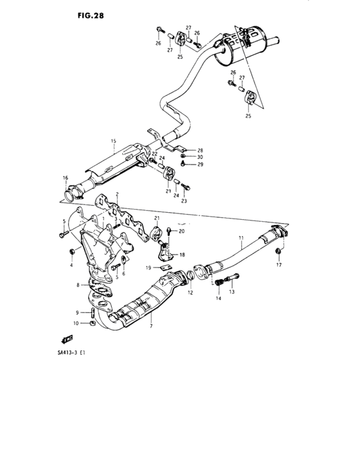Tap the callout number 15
click(x=112, y=141)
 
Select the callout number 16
click(x=65, y=177)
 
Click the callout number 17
click(x=279, y=264)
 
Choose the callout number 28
click(x=200, y=150)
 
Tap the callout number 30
click(x=200, y=157)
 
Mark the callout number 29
click(x=200, y=165)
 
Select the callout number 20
click(x=182, y=231)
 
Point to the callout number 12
click(x=190, y=292)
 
